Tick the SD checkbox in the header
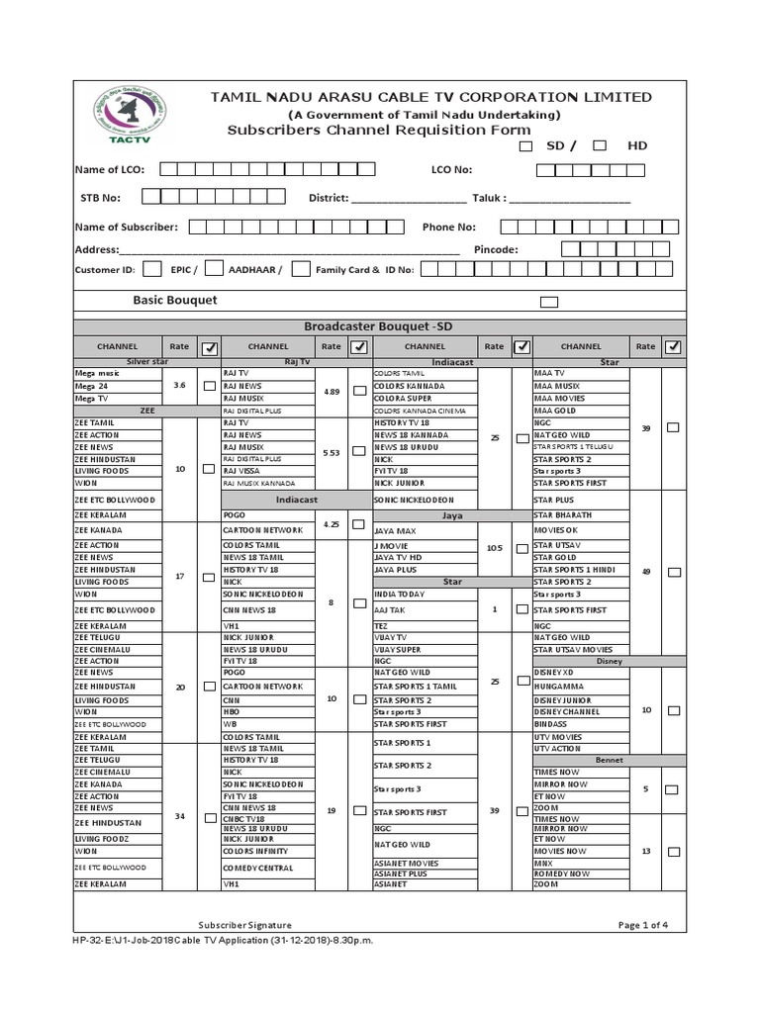click(525, 145)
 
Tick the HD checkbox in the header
click(600, 145)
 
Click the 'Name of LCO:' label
click(110, 170)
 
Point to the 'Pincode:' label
click(497, 249)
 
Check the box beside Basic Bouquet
click(548, 302)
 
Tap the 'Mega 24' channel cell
click(91, 385)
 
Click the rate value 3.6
click(180, 385)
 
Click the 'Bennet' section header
click(608, 760)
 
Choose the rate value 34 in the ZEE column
click(180, 816)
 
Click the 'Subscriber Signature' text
click(244, 924)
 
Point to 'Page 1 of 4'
click(643, 924)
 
